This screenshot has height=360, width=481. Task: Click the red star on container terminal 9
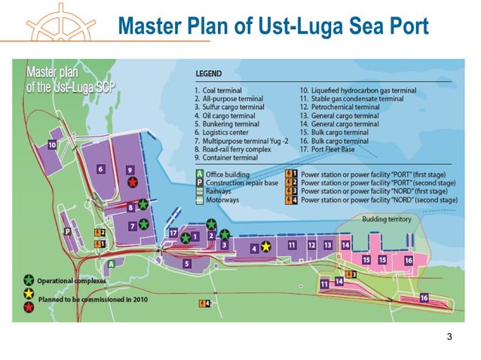click(x=133, y=182)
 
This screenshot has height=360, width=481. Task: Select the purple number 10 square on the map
click(x=53, y=144)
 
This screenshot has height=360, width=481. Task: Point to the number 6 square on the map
click(x=100, y=169)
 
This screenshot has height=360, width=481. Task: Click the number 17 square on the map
click(x=173, y=233)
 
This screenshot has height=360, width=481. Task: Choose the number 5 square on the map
click(x=186, y=264)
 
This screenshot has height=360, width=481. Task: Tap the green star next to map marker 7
click(x=143, y=224)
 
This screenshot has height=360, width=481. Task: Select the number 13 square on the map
click(x=328, y=246)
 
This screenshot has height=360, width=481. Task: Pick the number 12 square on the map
click(x=311, y=246)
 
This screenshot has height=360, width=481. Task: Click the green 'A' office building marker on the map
click(x=112, y=264)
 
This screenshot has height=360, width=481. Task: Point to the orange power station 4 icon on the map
click(x=204, y=304)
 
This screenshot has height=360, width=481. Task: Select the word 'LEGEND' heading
click(x=209, y=74)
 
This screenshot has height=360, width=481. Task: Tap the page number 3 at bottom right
click(x=450, y=337)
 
